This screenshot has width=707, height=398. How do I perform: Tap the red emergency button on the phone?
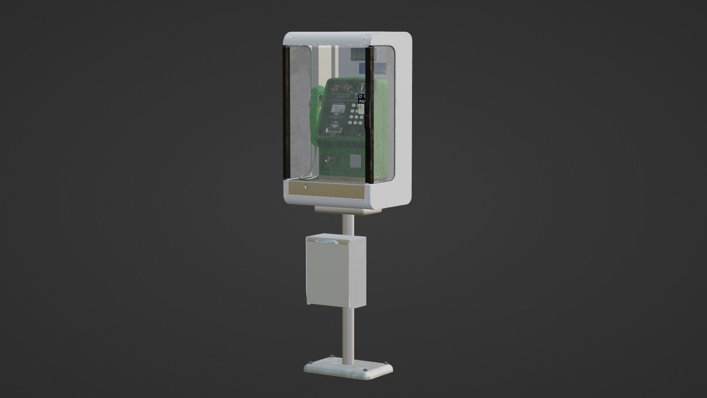click(327, 160)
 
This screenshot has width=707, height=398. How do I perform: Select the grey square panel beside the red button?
click(355, 161)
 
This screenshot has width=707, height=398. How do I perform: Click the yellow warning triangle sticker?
click(361, 108)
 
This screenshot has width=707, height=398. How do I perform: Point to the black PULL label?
click(362, 100)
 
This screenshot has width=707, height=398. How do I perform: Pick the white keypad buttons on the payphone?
click(354, 115)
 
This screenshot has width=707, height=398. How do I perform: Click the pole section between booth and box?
click(348, 224)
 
